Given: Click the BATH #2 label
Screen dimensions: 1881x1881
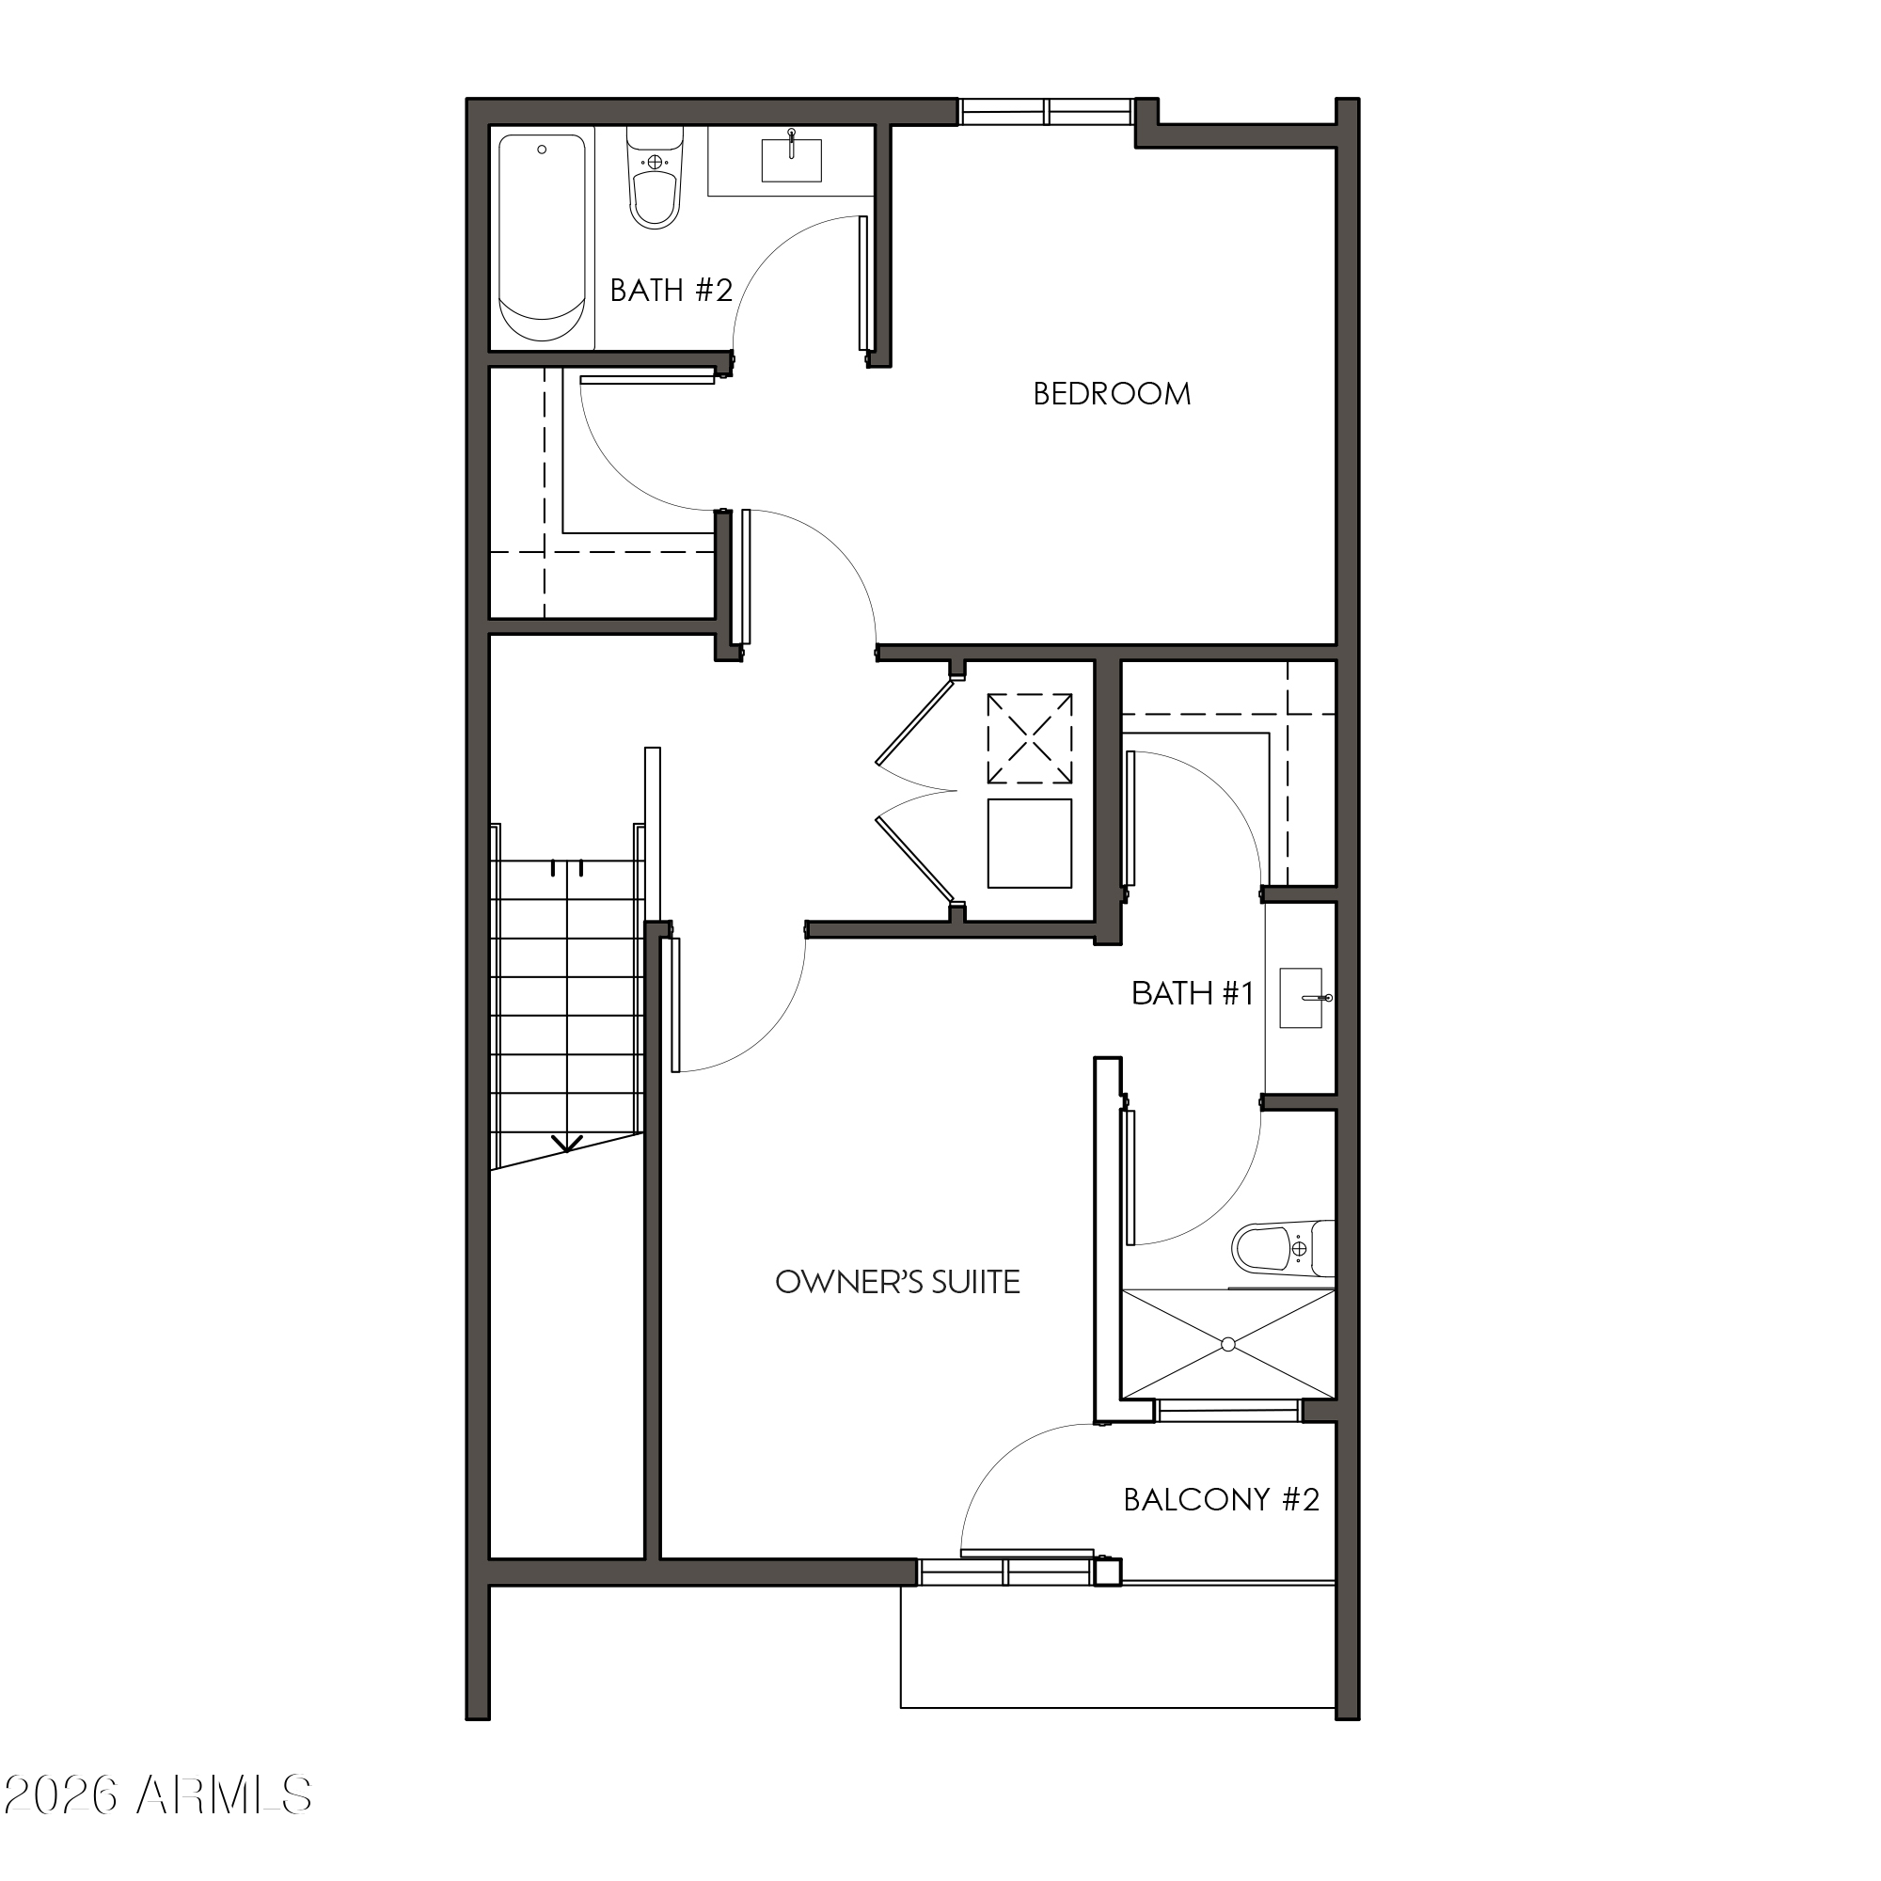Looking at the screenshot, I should point(671,290).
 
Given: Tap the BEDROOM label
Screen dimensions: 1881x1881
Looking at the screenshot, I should point(1112,394).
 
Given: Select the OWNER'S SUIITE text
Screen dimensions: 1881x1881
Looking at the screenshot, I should point(897,1282).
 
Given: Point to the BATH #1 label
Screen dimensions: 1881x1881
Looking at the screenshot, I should point(1192,993).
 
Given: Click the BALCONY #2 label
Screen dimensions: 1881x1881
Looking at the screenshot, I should point(1221,1500).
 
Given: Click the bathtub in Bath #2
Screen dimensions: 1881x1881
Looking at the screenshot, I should point(543,239).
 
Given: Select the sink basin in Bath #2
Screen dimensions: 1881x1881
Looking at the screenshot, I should point(792,161).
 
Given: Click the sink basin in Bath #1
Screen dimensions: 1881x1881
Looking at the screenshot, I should point(1300,998).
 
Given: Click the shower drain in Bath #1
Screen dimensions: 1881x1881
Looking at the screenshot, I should point(1227,1345).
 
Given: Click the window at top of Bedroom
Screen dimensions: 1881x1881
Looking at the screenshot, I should point(1047,112).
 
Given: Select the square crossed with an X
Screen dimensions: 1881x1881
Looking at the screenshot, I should point(1029,738).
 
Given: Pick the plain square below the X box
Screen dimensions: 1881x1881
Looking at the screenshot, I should point(1029,843).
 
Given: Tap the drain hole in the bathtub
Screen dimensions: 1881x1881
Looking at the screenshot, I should point(543,150).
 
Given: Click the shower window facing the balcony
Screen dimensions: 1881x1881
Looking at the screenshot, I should point(1227,1411).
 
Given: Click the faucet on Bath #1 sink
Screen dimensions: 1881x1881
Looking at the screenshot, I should point(1323,998).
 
